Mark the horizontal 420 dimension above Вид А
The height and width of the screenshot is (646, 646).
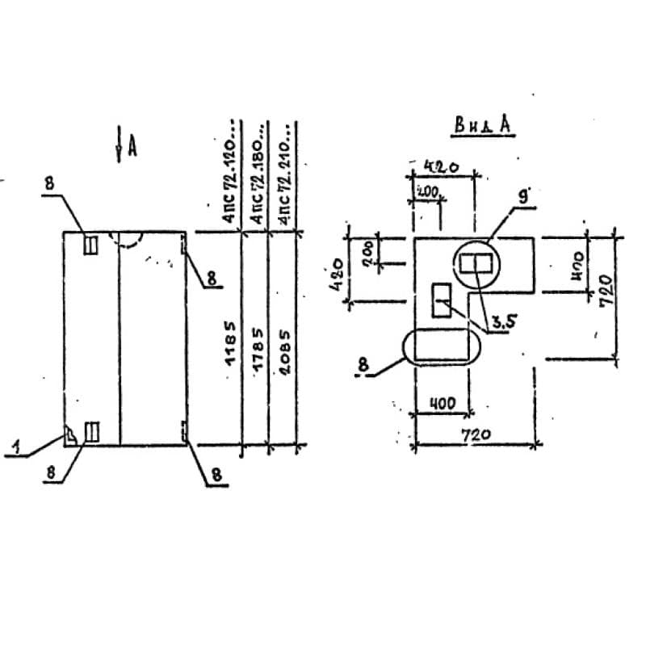(443, 167)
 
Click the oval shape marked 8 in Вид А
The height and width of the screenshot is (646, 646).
(440, 346)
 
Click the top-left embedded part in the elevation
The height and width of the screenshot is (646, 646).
(91, 245)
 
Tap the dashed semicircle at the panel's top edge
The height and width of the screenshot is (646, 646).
(131, 238)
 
